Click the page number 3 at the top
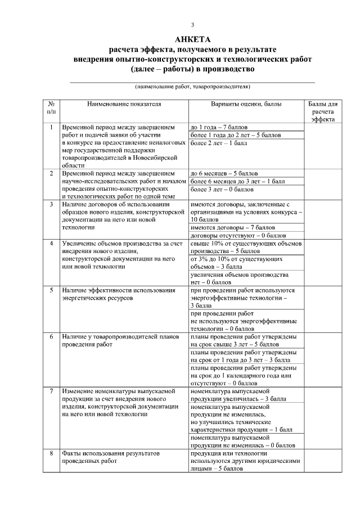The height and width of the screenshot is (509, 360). click(x=192, y=25)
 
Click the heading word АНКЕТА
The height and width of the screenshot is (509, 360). click(x=192, y=39)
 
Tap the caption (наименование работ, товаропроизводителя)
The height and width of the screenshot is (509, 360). click(x=192, y=87)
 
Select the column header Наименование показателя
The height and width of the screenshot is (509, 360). click(x=124, y=105)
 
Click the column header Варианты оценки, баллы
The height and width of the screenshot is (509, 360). click(x=246, y=105)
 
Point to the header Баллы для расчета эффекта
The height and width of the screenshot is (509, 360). click(x=324, y=112)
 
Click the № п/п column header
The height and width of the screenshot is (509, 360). click(x=51, y=108)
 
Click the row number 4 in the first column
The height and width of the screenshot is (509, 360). click(x=51, y=244)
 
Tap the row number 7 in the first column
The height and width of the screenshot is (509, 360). click(x=51, y=390)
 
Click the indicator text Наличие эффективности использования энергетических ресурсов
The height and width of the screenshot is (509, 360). click(x=118, y=294)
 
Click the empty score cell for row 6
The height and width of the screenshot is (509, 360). click(x=324, y=358)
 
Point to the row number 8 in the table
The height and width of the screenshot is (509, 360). click(x=51, y=453)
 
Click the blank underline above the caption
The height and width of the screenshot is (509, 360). click(x=192, y=82)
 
